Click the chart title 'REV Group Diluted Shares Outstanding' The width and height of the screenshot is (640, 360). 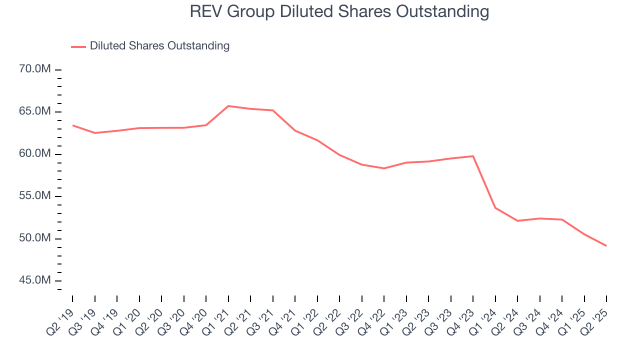click(x=339, y=11)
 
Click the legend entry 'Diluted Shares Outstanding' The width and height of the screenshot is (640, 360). click(x=159, y=46)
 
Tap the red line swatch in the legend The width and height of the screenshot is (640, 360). click(x=78, y=46)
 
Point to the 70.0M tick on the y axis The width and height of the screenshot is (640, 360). click(x=34, y=69)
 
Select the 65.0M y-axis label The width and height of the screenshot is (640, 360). click(x=34, y=111)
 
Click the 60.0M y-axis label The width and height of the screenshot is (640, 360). click(x=34, y=154)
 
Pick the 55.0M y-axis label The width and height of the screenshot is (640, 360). click(x=34, y=196)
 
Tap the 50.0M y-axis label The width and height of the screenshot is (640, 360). click(x=34, y=238)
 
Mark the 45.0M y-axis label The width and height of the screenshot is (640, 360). click(x=34, y=280)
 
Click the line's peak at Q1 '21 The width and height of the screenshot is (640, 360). click(x=228, y=106)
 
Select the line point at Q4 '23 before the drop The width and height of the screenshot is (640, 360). click(x=473, y=156)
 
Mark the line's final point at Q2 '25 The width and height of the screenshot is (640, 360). click(x=606, y=245)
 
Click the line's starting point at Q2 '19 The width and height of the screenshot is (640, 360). click(x=73, y=125)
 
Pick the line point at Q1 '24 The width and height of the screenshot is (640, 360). click(x=495, y=207)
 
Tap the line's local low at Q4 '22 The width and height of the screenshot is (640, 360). click(x=384, y=168)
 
